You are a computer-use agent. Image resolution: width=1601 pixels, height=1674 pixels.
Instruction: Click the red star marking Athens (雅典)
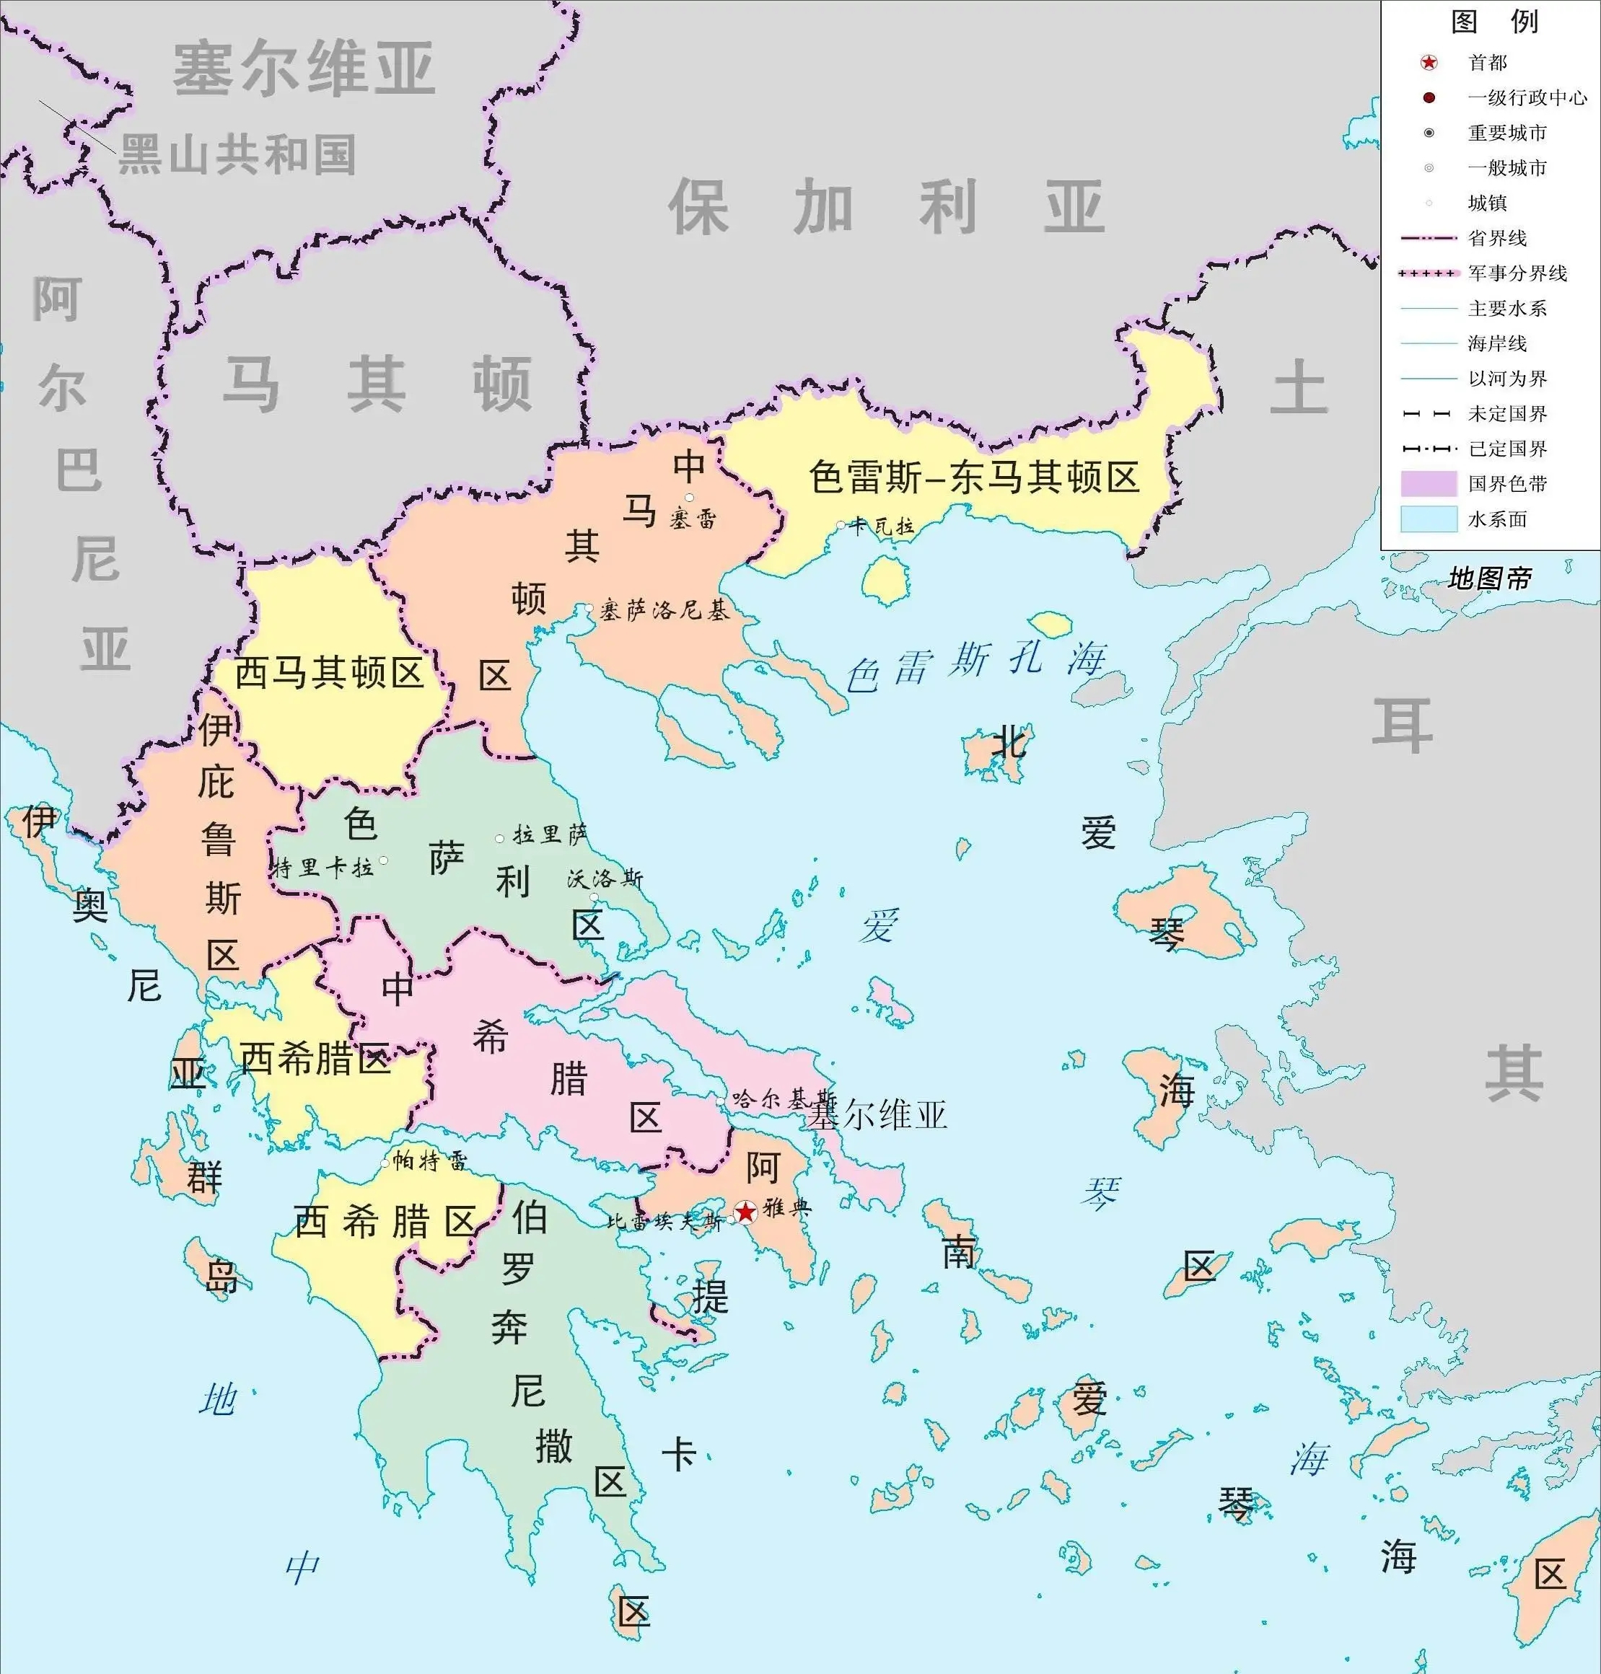pos(745,1212)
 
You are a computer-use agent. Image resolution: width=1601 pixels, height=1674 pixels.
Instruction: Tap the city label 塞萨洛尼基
pos(664,610)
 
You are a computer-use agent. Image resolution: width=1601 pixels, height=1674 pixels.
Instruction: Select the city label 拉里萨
pos(550,834)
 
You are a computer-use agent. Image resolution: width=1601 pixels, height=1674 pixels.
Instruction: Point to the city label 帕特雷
pos(429,1161)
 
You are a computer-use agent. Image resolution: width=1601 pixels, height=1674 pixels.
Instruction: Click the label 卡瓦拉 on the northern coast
pos(882,527)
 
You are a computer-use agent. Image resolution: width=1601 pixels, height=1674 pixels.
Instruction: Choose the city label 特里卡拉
pos(323,868)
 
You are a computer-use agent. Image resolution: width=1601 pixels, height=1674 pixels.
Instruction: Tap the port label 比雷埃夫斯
pos(664,1222)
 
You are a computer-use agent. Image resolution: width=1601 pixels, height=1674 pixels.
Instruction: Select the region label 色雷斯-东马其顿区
pos(974,477)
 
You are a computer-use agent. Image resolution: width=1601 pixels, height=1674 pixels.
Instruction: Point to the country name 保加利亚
pos(886,207)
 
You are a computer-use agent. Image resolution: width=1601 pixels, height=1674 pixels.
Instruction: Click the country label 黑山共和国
pos(237,155)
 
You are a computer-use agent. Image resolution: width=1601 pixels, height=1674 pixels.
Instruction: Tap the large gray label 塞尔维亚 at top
pos(304,69)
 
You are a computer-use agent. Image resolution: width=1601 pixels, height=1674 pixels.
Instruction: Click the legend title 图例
pos(1493,22)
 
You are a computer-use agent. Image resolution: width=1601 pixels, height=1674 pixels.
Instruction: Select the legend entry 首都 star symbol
pos(1429,62)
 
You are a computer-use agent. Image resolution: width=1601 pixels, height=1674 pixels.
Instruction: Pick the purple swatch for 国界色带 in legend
pos(1428,484)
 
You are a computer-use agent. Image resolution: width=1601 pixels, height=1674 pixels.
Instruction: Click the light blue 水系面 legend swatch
pos(1428,519)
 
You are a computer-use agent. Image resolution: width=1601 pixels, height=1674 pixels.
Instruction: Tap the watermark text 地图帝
pos(1489,578)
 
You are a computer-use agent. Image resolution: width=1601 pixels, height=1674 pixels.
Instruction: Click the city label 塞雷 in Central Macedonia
pos(692,519)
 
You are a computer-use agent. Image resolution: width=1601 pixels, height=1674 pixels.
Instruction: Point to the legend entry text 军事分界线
pos(1517,273)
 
